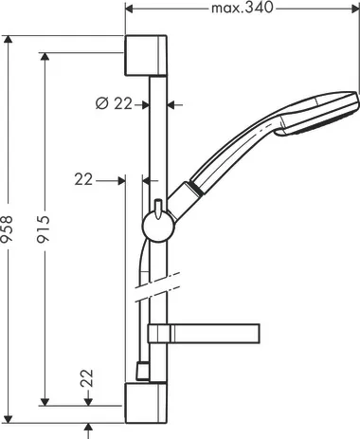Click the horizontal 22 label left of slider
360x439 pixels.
tap(84, 176)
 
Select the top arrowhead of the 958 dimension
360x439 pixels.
tap(10, 41)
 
